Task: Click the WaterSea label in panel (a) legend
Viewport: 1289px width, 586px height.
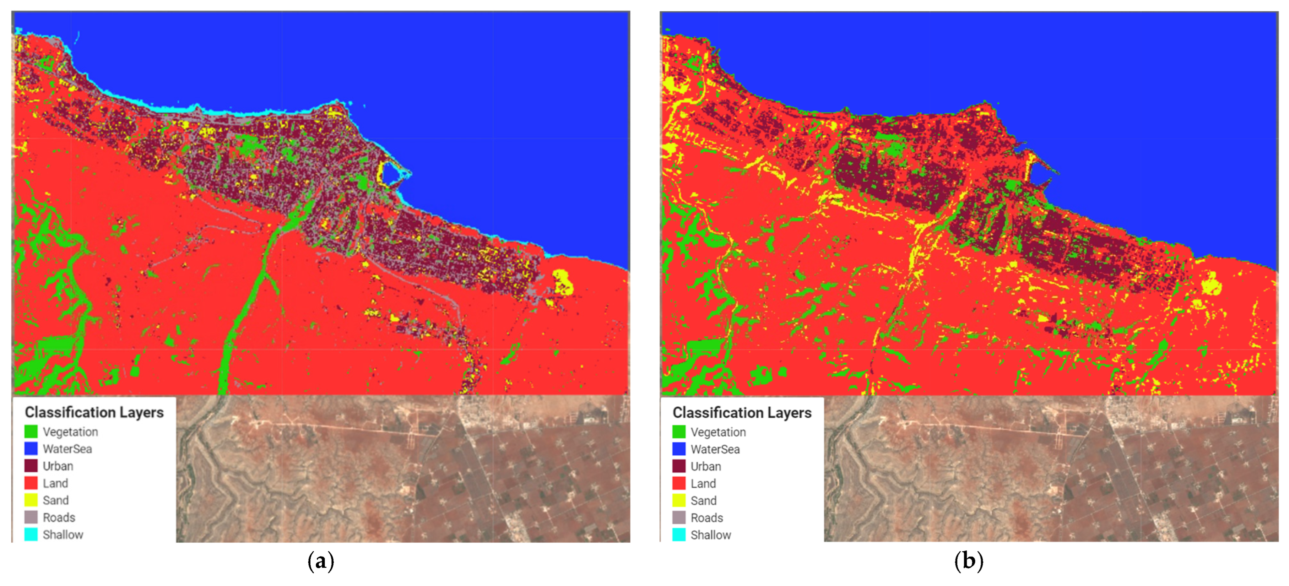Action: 67,449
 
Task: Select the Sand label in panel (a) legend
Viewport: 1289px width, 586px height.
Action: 55,500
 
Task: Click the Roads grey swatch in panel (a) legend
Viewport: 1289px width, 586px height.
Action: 31,517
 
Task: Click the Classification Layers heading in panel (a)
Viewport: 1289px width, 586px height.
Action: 94,412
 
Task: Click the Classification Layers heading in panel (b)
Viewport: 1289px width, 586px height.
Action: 742,412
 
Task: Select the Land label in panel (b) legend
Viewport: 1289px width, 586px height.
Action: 703,483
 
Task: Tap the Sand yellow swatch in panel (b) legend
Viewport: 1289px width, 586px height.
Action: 678,500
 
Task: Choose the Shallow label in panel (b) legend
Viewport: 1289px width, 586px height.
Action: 710,535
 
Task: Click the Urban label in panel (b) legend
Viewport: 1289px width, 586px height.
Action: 705,466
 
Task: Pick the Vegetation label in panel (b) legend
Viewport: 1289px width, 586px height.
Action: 718,432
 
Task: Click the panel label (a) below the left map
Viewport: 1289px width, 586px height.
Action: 321,561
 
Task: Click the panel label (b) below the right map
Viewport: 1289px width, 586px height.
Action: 968,561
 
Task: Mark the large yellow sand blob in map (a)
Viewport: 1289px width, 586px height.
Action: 562,281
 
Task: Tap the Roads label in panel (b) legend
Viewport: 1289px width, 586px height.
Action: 706,517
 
